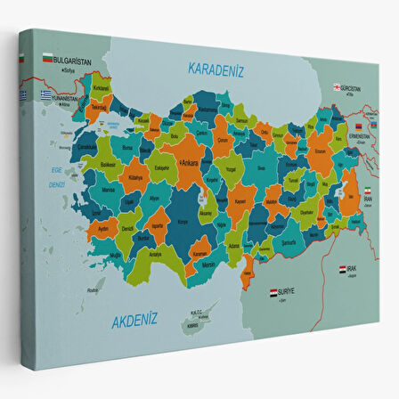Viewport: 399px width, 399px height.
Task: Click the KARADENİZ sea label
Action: point(215,69)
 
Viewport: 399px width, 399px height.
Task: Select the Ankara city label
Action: point(190,163)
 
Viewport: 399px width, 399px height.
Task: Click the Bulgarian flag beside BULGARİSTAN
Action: point(46,59)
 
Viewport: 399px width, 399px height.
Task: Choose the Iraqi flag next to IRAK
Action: point(343,269)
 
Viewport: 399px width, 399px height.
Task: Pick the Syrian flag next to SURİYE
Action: point(274,292)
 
